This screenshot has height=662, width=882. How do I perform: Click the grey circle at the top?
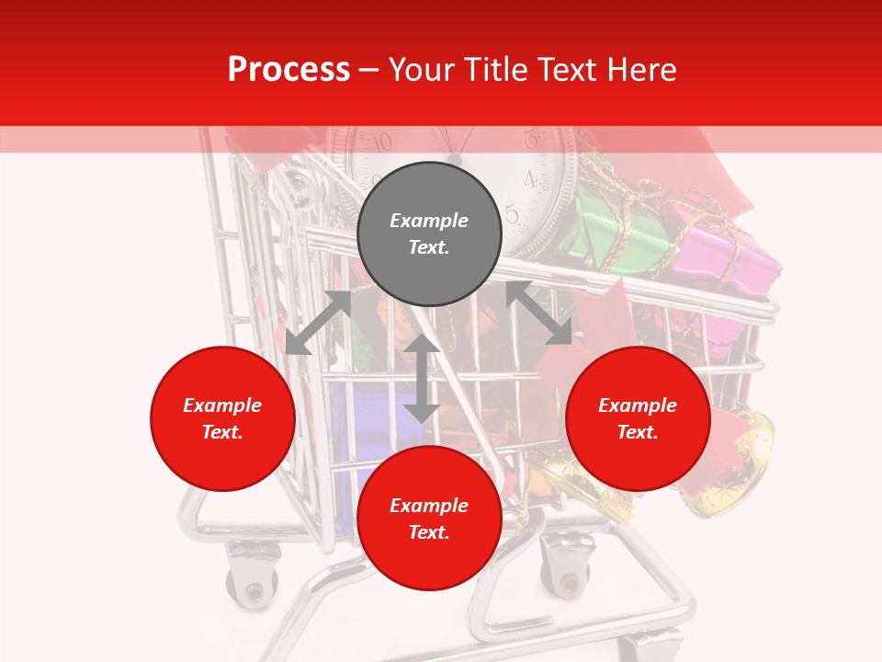pyautogui.click(x=429, y=234)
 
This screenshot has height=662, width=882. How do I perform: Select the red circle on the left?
pyautogui.click(x=222, y=418)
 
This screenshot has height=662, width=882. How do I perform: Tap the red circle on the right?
pyautogui.click(x=638, y=418)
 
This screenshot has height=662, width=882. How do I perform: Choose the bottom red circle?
pyautogui.click(x=429, y=519)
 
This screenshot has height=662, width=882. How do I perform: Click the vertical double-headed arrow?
pyautogui.click(x=422, y=378)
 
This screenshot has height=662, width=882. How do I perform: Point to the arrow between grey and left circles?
pyautogui.click(x=318, y=323)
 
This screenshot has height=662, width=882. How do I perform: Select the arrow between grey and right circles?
pyautogui.click(x=538, y=313)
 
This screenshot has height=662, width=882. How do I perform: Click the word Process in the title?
pyautogui.click(x=288, y=69)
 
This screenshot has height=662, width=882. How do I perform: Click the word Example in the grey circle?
pyautogui.click(x=429, y=221)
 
